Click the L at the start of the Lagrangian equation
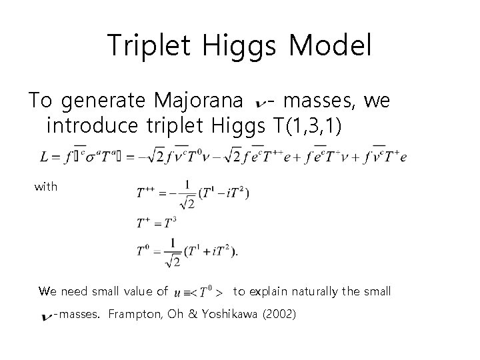(x=44, y=157)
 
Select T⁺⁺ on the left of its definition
(x=146, y=193)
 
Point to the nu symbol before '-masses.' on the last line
(x=47, y=315)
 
